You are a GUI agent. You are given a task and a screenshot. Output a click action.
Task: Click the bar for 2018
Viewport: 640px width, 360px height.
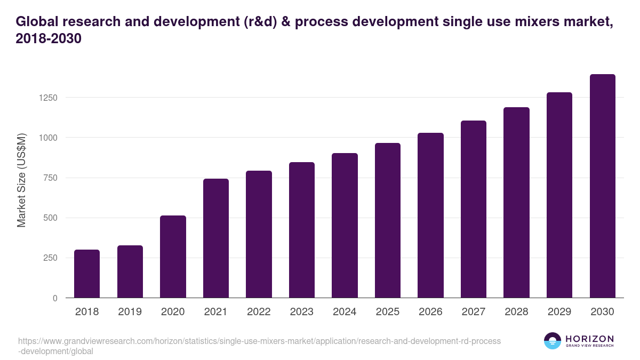click(x=87, y=274)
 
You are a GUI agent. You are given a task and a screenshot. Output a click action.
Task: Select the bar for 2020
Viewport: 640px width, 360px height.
click(x=173, y=257)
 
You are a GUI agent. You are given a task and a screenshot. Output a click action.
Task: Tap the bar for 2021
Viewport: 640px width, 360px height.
click(x=216, y=238)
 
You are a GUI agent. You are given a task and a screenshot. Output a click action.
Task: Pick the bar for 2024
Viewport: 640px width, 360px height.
click(x=345, y=226)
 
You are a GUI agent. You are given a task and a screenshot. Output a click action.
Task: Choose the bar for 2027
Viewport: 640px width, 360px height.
click(x=474, y=209)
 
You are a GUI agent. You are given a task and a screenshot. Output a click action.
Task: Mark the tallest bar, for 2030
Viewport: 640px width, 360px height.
click(x=602, y=186)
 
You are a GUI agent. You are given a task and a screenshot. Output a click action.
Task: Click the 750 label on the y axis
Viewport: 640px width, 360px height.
click(x=49, y=178)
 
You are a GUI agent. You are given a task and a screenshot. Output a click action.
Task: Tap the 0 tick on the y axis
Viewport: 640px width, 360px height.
click(x=55, y=298)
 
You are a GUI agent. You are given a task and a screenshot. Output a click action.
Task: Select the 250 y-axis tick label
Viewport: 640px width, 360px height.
click(x=49, y=258)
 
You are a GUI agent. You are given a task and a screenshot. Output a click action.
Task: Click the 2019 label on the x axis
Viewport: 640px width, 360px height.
click(x=130, y=312)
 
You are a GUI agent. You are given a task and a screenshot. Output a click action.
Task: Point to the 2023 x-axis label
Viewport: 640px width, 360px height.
click(x=302, y=312)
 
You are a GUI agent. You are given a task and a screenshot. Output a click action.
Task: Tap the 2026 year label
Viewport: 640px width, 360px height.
click(x=430, y=312)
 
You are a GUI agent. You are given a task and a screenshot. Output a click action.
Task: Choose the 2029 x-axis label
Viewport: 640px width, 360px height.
click(x=559, y=312)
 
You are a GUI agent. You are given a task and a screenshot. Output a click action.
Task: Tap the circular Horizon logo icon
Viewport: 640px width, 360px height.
click(x=553, y=341)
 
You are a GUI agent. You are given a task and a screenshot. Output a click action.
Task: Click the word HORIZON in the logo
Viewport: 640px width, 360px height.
click(x=589, y=338)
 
